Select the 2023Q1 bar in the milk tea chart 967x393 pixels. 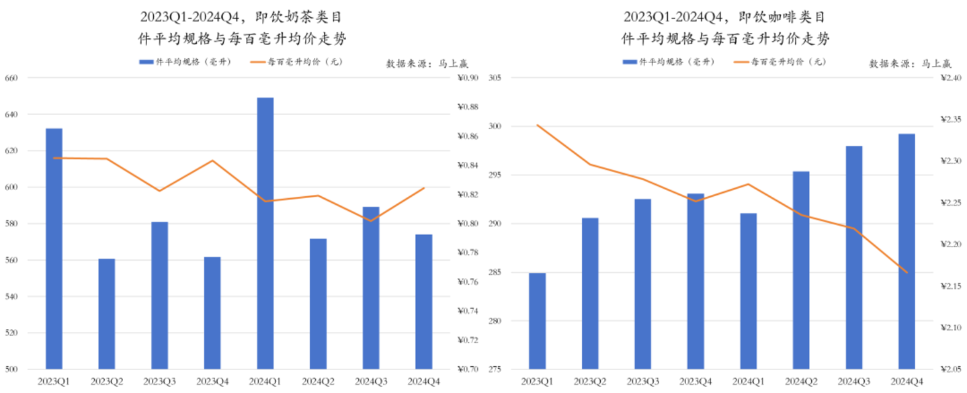coord(54,249)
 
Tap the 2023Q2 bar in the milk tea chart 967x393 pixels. coord(107,314)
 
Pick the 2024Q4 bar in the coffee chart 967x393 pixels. coord(907,251)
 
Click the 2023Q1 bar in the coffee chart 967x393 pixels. coord(537,321)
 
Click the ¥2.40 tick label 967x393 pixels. coord(949,78)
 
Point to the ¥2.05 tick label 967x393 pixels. coord(949,369)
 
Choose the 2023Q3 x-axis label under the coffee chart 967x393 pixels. coord(643,382)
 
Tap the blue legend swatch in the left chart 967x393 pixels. coord(146,62)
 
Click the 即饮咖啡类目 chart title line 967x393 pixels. coord(724,17)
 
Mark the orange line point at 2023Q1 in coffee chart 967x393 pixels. coord(537,125)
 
